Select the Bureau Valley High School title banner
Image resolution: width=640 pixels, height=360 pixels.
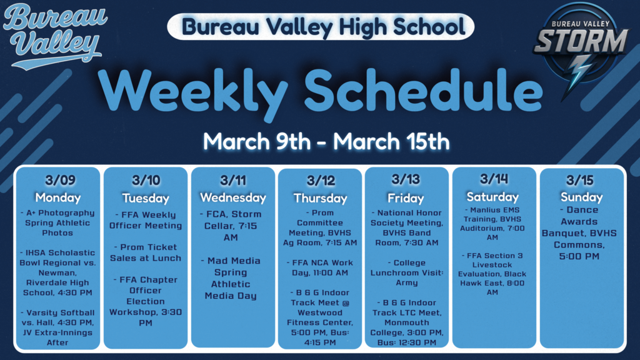[x=320, y=26]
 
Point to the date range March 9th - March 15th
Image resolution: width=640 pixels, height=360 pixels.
[x=326, y=141]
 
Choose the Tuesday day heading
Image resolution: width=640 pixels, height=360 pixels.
[x=146, y=198]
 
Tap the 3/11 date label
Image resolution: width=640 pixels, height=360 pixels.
[x=233, y=181]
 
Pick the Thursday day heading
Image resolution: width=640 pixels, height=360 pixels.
[x=320, y=198]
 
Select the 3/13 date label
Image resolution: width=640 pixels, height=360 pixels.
[x=406, y=181]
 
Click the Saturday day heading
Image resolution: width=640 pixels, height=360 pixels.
[x=493, y=197]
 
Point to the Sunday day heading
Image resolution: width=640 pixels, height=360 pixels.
[x=581, y=197]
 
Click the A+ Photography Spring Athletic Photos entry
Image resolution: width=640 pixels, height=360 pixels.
[x=58, y=223]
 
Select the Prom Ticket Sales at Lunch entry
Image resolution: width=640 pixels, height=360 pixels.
[x=146, y=252]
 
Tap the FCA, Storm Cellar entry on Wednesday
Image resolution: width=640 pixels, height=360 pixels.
[x=233, y=225]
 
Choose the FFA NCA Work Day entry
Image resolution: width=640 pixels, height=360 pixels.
[x=320, y=267]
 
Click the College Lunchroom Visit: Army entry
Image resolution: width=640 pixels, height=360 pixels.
[x=406, y=273]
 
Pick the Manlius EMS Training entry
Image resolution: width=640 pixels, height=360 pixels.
[x=493, y=224]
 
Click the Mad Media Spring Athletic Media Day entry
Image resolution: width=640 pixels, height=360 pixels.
[x=233, y=278]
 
